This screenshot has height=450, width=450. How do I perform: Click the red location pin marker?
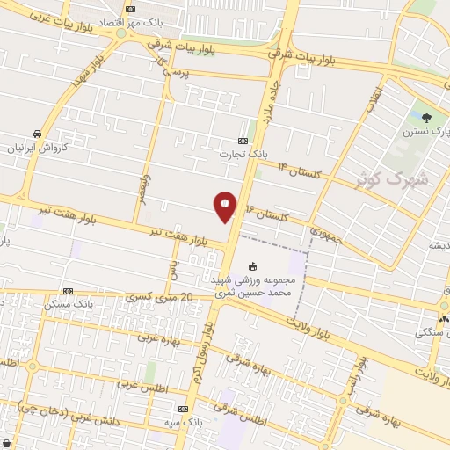tap(226, 206)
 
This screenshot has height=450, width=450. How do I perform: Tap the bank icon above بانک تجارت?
tap(243, 141)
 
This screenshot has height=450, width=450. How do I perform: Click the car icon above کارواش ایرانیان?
tap(34, 134)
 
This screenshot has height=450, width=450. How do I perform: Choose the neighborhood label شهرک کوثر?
tap(385, 180)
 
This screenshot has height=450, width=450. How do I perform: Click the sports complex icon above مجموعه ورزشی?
tap(253, 267)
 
